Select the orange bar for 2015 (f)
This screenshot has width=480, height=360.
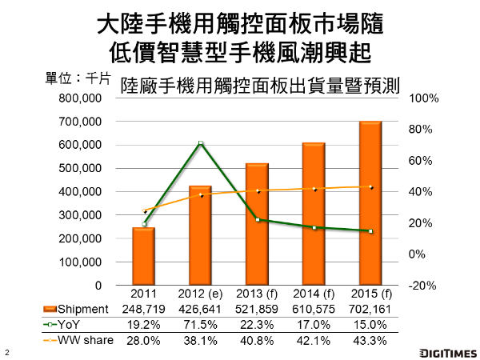[370, 203]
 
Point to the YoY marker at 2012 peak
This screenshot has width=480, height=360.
[201, 143]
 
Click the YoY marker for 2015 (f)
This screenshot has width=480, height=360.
[370, 231]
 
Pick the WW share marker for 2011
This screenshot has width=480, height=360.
[144, 211]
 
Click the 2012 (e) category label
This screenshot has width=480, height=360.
[201, 294]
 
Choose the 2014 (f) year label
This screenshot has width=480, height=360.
[314, 294]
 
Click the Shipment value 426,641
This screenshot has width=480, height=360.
[201, 309]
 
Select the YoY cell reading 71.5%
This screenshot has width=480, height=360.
[201, 325]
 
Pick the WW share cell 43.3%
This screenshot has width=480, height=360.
[370, 341]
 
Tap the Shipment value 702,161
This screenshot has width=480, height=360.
[370, 309]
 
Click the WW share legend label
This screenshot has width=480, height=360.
[85, 341]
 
